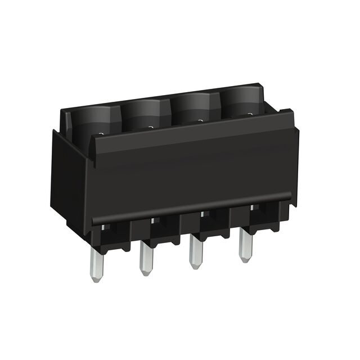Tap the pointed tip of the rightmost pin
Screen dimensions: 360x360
245,259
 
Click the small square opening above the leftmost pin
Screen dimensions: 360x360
105,228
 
